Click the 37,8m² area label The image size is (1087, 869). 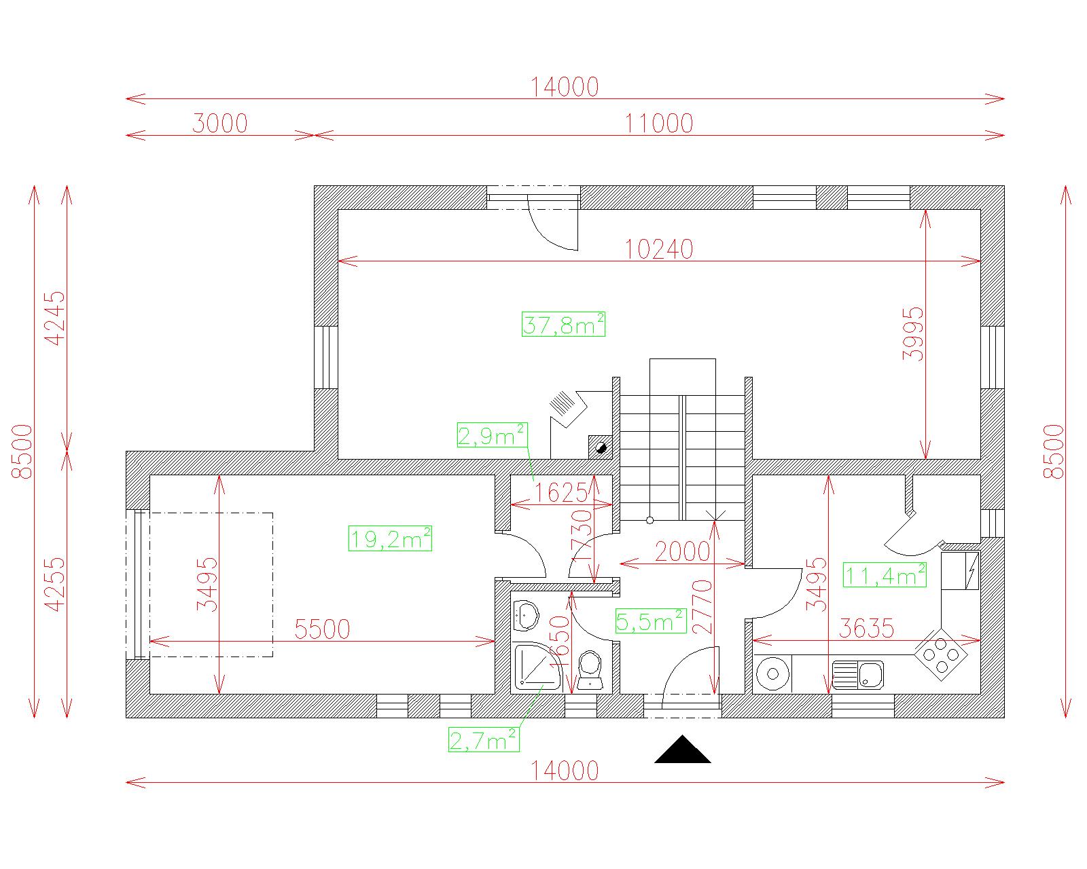pyautogui.click(x=563, y=325)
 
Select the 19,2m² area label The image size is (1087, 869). pyautogui.click(x=390, y=538)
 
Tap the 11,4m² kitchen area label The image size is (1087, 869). pyautogui.click(x=885, y=575)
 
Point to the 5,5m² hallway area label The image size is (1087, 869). pyautogui.click(x=651, y=621)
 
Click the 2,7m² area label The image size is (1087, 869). pyautogui.click(x=484, y=740)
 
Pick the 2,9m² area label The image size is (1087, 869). pyautogui.click(x=493, y=435)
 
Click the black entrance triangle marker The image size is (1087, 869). pyautogui.click(x=682, y=749)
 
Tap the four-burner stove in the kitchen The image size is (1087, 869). pyautogui.click(x=940, y=655)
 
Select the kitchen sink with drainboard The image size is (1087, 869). pyautogui.click(x=857, y=675)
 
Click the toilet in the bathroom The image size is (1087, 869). pyautogui.click(x=590, y=670)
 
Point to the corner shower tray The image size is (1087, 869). pyautogui.click(x=537, y=667)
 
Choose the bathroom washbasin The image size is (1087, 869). pyautogui.click(x=526, y=616)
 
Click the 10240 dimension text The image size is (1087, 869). pyautogui.click(x=659, y=249)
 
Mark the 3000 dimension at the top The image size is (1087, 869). pyautogui.click(x=220, y=123)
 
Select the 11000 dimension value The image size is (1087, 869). pyautogui.click(x=659, y=123)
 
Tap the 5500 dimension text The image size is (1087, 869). pyautogui.click(x=322, y=629)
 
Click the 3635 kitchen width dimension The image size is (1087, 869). pyautogui.click(x=866, y=628)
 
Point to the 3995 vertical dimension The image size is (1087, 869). pyautogui.click(x=913, y=334)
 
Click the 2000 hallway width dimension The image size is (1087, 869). pyautogui.click(x=682, y=551)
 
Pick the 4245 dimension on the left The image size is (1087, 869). pyautogui.click(x=56, y=318)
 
